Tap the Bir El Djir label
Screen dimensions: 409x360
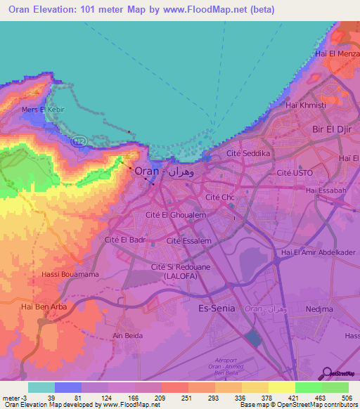tap(330, 131)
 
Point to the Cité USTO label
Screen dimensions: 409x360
tap(294, 173)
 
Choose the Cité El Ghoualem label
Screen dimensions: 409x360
tap(175, 215)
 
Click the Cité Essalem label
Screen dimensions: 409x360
tap(189, 240)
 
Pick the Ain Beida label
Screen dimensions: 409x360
tap(127, 336)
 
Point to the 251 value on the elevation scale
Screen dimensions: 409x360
tap(176, 398)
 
